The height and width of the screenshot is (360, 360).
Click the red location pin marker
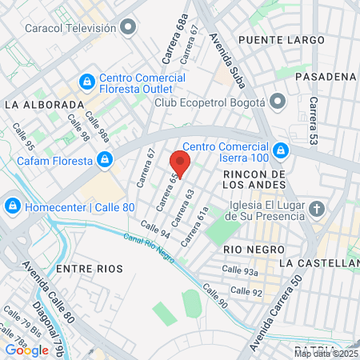click(180, 163)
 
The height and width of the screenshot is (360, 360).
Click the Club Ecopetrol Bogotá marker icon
click(277, 102)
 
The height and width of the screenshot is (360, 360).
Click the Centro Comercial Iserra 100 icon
click(280, 150)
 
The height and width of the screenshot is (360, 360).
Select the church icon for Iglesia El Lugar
click(318, 210)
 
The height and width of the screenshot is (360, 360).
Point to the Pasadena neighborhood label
click(324, 76)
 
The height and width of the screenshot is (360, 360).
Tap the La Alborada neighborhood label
click(44, 104)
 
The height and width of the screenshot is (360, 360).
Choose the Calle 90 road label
click(214, 296)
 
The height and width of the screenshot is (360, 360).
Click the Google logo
click(26, 350)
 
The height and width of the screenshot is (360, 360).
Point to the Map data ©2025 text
click(326, 354)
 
